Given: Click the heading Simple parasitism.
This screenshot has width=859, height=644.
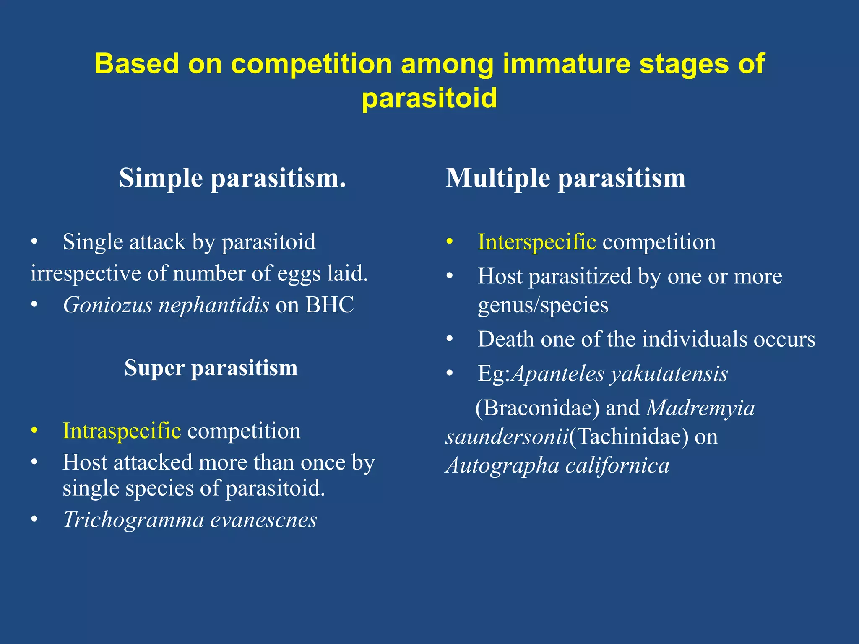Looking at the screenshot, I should coord(232,178).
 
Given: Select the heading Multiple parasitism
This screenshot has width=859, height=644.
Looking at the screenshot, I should coord(565,178).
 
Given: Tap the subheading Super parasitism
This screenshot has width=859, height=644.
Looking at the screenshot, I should coord(211,368).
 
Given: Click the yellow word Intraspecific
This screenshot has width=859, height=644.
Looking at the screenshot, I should coord(122,431).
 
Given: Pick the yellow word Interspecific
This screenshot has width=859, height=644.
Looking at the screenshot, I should coord(537,242).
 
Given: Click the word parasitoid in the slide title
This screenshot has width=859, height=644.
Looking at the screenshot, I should coord(429,98).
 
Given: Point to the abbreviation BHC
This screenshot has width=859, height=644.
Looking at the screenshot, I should coord(330,305).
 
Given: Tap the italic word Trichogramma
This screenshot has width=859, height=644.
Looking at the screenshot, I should coord(133,520).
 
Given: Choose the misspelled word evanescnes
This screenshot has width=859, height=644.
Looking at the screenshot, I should coord(263,520).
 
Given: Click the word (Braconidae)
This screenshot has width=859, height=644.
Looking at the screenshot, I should coord(537,408).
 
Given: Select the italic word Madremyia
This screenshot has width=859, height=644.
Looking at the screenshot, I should coord(700,408).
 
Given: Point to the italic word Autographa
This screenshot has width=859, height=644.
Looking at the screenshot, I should coord(502,465).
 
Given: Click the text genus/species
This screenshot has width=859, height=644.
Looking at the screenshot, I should coord(543,305).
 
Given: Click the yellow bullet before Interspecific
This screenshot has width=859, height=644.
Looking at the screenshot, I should coord(450,242).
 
